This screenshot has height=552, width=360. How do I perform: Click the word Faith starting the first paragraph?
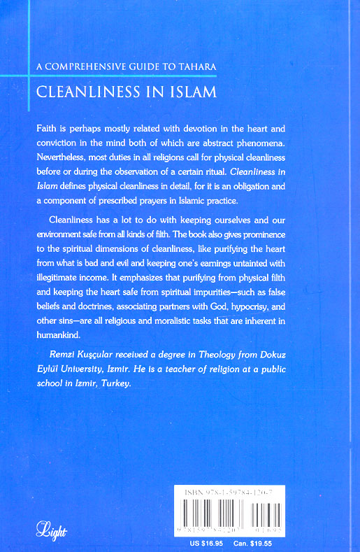coord(45,130)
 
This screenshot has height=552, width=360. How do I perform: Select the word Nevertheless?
coord(62,157)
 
